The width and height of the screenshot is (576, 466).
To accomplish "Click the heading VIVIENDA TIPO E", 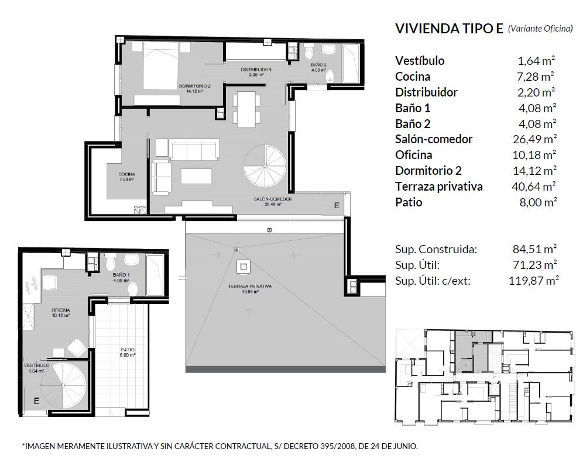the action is click(449, 28).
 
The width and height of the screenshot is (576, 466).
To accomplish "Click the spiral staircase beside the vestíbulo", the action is click(63, 385).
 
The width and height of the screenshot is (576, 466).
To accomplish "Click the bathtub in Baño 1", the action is click(155, 275).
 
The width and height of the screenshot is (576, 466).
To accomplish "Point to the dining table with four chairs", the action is click(246, 109).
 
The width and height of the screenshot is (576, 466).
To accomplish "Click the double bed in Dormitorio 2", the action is click(160, 65).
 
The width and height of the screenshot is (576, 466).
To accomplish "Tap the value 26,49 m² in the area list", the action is click(535, 139).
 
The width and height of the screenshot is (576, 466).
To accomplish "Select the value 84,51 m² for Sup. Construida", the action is click(535, 249).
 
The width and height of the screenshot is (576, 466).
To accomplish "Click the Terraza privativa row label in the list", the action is click(439, 187).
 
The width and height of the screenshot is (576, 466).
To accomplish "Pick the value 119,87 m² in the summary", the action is click(534, 281).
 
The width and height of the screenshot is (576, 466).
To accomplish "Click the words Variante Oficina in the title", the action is click(540, 29).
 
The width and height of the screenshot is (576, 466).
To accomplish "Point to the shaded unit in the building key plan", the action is click(474, 351).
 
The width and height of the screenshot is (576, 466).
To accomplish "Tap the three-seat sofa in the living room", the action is click(194, 149).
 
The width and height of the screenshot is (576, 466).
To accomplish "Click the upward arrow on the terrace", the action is click(249, 313).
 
